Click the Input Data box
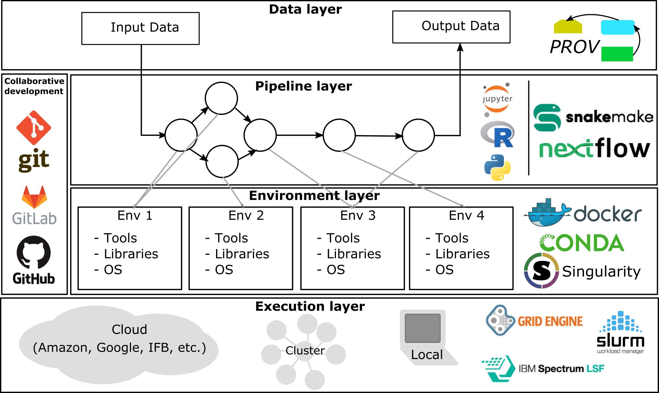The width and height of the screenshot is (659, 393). pos(140,28)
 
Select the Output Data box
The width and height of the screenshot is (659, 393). pos(451,27)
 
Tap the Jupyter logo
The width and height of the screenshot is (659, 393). pos(497,99)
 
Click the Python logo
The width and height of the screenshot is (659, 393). pos(497,167)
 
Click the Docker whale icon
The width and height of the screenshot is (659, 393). pos(546,213)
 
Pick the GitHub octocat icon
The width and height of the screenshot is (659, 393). pos(34,252)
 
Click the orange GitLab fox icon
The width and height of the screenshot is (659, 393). pos(34,197)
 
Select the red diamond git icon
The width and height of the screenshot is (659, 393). pos(34,128)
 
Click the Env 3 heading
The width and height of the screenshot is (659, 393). pos(358,215)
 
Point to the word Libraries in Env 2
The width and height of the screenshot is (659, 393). pos(242,254)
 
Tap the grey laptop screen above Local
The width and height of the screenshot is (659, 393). pos(422,328)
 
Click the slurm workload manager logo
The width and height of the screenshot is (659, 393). pos(620,332)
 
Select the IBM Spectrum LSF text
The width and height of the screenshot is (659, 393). pos(561,369)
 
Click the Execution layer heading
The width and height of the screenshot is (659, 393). pos(310,306)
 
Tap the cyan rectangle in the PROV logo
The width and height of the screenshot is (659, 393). pos(617,27)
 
